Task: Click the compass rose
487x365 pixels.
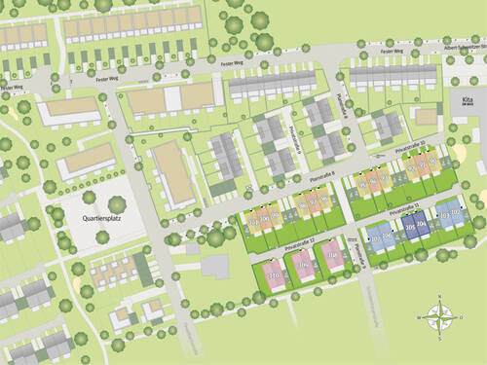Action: click(x=440, y=316)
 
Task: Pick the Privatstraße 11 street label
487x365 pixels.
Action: click(x=403, y=210)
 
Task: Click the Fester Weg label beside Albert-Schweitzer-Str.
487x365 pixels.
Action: click(x=392, y=51)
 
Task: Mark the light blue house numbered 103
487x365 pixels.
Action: click(x=444, y=216)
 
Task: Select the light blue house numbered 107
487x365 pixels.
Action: click(x=375, y=238)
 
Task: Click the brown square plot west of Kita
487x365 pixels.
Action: click(x=426, y=116)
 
